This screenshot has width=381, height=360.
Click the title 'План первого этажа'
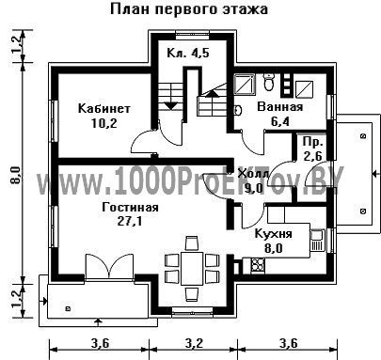tap(189, 9)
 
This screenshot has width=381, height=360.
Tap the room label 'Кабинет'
tap(104, 108)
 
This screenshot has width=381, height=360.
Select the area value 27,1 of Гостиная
tap(130, 221)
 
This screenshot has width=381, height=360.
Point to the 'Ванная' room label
tap(280, 107)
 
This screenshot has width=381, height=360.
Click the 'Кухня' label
tap(274, 234)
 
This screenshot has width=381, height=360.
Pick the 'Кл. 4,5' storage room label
tap(188, 53)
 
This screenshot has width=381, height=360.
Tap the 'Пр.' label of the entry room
tap(313, 142)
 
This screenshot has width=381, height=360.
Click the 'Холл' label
tap(253, 173)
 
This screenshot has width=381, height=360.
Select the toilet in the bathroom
tap(269, 82)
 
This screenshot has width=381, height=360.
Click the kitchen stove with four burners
tap(258, 265)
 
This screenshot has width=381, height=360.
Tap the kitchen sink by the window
tap(318, 241)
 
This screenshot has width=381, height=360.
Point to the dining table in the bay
tap(192, 269)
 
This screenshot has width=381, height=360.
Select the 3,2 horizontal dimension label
tap(194, 344)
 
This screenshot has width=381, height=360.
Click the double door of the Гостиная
tap(109, 267)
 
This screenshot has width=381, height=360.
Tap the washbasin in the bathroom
tap(238, 109)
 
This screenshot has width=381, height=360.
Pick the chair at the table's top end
tap(192, 243)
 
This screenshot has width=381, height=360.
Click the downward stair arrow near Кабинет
tap(171, 106)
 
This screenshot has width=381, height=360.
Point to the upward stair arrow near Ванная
tap(213, 92)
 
